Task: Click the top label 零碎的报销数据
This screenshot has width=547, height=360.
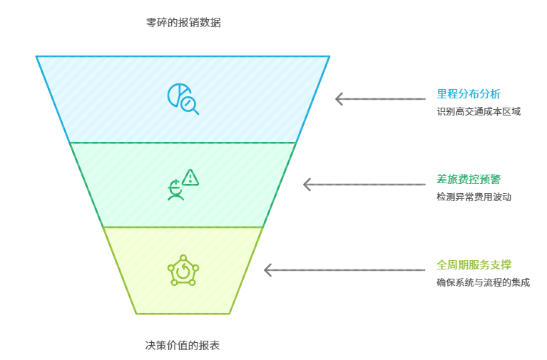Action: (x=183, y=22)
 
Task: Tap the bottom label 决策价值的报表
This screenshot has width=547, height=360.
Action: (x=183, y=346)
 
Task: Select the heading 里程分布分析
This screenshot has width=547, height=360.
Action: (x=469, y=93)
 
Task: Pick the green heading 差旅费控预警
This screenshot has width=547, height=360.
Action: (x=469, y=179)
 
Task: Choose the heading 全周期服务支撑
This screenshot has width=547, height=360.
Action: (x=474, y=264)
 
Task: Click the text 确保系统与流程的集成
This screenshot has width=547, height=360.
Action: (x=483, y=282)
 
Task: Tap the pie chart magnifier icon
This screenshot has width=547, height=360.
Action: (x=183, y=99)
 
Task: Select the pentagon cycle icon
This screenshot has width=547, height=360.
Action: (x=183, y=270)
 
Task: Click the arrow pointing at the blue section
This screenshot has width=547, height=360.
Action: (x=380, y=99)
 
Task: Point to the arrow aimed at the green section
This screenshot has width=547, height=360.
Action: (x=364, y=185)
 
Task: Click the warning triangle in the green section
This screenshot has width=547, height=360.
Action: (x=190, y=177)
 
